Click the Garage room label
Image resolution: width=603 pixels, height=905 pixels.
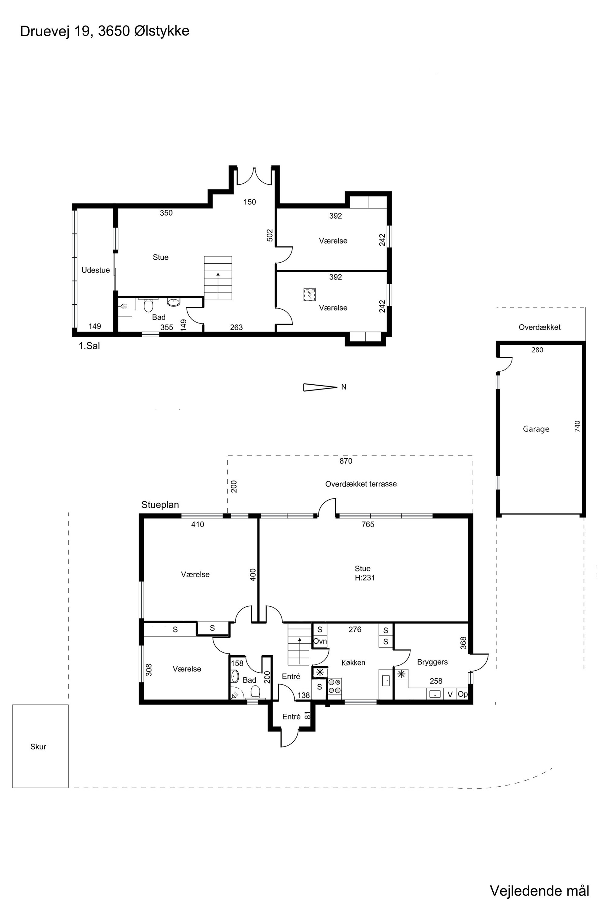pos(536,429)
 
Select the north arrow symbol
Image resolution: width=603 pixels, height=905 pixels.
pos(320,387)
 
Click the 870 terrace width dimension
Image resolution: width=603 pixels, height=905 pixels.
pos(346,461)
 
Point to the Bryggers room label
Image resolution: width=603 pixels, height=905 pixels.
pos(432,662)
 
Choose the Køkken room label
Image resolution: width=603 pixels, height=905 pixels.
pos(353,663)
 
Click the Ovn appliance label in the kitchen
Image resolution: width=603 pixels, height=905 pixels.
pos(320,641)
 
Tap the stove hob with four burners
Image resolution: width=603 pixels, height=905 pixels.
pos(335,686)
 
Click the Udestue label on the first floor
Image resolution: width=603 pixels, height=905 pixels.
pos(95,270)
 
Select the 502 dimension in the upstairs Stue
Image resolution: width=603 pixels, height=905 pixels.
pos(270,235)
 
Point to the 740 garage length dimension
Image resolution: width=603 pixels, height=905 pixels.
pos(577,426)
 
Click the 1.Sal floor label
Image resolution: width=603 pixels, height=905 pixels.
pos(89,346)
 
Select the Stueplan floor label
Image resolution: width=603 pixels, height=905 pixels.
pos(160,505)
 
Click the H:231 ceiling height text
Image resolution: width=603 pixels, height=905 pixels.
pos(365,577)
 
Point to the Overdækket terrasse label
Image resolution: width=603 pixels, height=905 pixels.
pos(361,484)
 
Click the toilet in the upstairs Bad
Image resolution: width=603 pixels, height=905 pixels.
pos(148,306)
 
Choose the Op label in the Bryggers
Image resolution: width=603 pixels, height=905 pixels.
pos(463,694)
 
